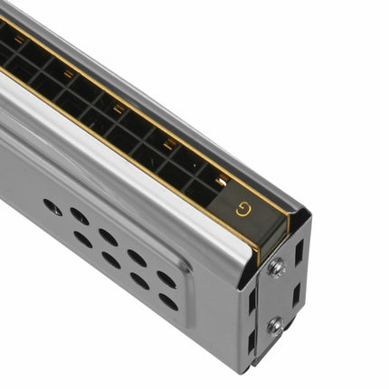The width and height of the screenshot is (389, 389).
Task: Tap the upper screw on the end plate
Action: tap(275, 269)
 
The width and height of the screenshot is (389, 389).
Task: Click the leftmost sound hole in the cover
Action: tap(52, 206)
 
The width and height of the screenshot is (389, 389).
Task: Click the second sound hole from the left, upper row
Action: tap(80, 216)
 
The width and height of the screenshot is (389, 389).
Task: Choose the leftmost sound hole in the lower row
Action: tap(82, 240)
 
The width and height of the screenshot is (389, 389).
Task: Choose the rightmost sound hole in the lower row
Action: tap(168, 301)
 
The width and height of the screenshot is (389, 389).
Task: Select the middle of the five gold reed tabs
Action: tap(118, 109)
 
